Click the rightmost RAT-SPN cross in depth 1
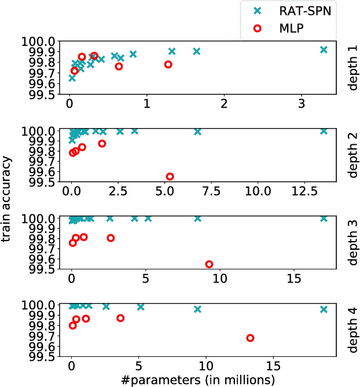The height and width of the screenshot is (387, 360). pos(324,50)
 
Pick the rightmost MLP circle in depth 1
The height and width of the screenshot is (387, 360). pos(168,64)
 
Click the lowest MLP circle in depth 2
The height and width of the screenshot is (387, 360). pos(170,177)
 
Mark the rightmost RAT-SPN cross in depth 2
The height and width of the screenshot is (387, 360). pos(324,131)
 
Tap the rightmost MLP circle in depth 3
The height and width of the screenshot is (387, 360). pos(209,264)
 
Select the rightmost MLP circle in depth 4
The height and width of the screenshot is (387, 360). pos(250,338)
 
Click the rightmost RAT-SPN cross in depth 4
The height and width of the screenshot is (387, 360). pos(324,309)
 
